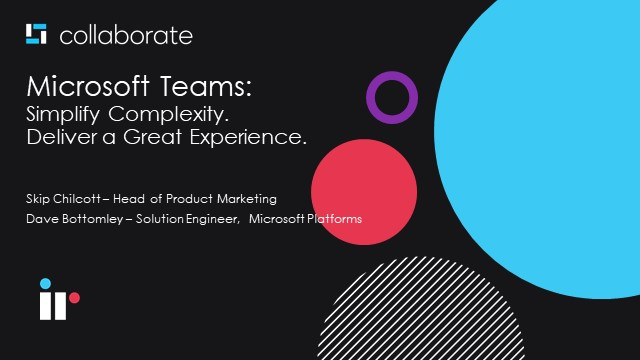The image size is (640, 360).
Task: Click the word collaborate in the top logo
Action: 126,36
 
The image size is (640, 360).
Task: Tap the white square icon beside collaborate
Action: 37,35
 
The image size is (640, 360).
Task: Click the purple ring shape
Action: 391,97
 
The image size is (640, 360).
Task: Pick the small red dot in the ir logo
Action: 74,297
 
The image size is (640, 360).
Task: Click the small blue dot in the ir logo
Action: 45,283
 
